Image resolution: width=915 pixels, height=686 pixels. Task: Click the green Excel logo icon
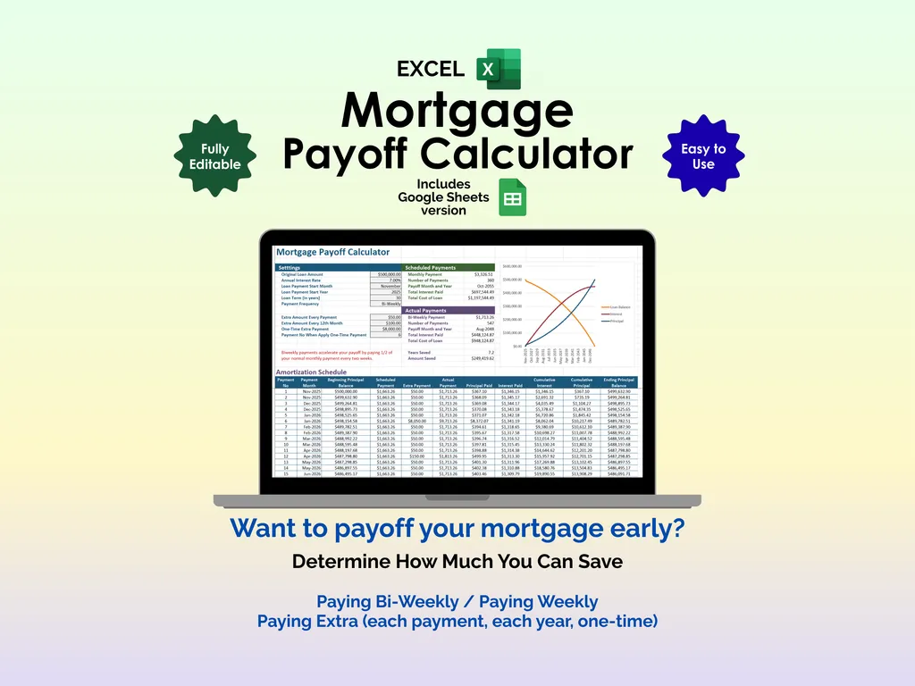(x=498, y=69)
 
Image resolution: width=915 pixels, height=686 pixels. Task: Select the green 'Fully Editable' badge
(x=215, y=156)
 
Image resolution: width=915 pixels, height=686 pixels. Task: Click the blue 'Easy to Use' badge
(x=703, y=156)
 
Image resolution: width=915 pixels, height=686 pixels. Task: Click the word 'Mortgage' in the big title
(x=457, y=111)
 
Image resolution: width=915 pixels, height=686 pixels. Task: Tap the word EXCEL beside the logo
(x=431, y=69)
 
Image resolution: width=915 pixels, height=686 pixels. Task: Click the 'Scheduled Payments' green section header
(x=436, y=267)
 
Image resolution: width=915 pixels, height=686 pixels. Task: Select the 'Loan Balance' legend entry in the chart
(x=620, y=306)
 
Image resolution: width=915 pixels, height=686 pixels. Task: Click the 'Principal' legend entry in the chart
(x=617, y=321)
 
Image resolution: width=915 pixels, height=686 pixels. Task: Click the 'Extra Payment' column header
(x=416, y=385)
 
